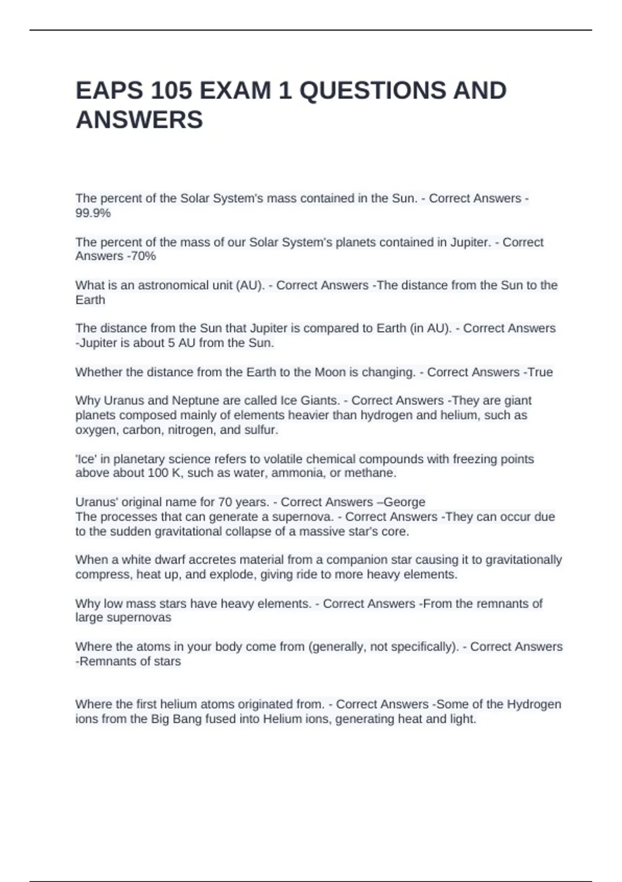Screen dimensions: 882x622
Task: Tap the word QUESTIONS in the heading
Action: click(372, 91)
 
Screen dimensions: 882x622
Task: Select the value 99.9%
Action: click(93, 213)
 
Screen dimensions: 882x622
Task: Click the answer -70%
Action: click(140, 256)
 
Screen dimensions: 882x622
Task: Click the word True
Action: click(540, 373)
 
